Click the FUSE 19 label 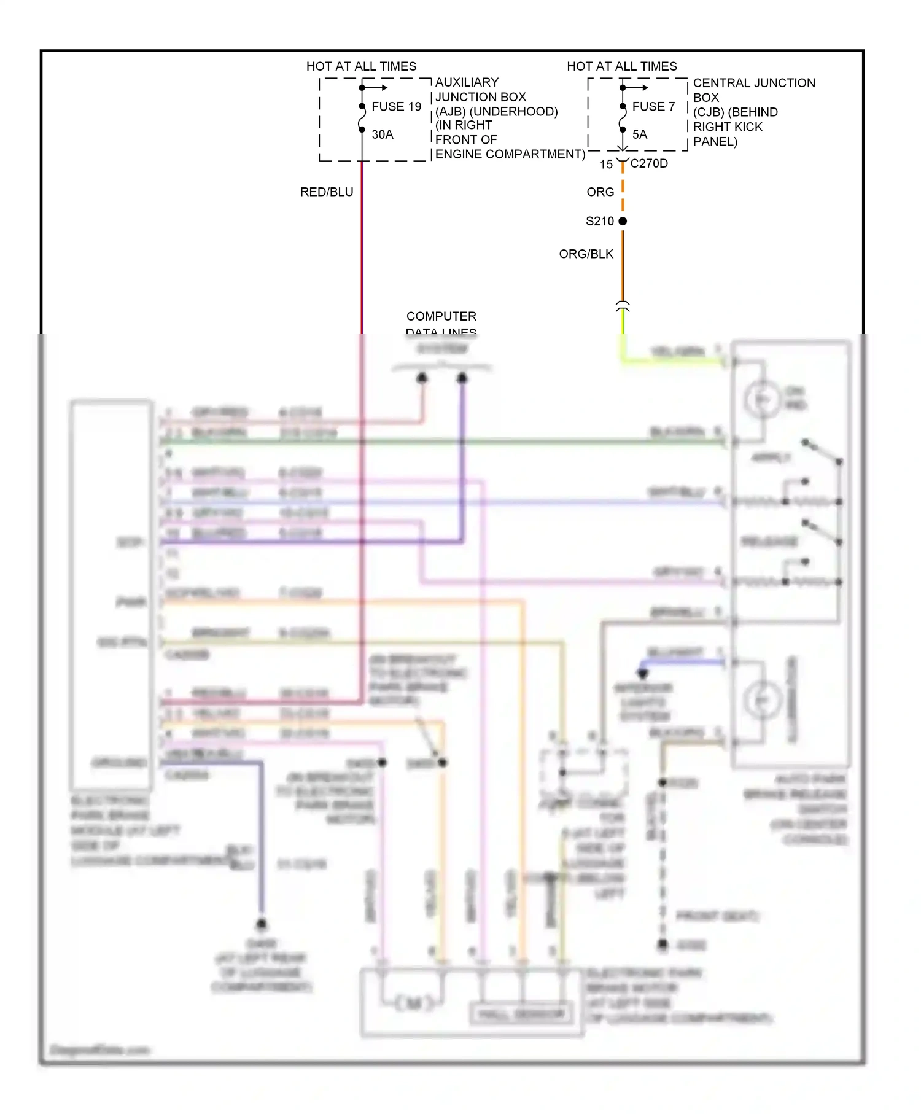coord(396,107)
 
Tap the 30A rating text coord(382,134)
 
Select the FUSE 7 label coord(653,107)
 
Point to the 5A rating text coord(639,134)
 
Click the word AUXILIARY coord(467,82)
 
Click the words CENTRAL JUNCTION coord(753,83)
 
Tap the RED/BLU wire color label coord(326,192)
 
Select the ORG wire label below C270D coord(600,192)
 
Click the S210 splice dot coord(623,221)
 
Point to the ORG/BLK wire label coord(586,254)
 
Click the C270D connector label coord(649,164)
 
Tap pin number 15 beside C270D coord(606,165)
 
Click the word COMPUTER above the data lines coord(441,316)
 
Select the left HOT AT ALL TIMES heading coord(361,66)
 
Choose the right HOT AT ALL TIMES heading coord(621,66)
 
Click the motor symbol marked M coord(413,1003)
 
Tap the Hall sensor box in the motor coord(521,1014)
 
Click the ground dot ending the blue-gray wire coord(262,924)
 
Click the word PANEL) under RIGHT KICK coord(715,142)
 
